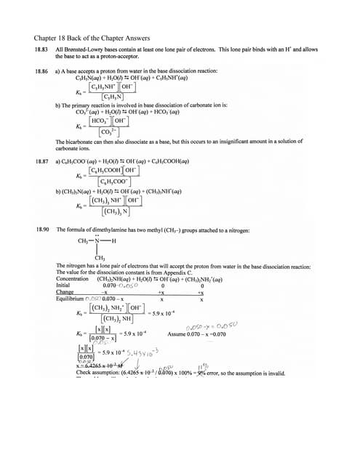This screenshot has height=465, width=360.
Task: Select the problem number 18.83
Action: pyautogui.click(x=41, y=49)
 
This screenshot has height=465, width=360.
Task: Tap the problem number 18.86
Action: pyautogui.click(x=41, y=71)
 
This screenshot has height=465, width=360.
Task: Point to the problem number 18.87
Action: pyautogui.click(x=41, y=161)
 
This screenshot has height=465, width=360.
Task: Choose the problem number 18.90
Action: pyautogui.click(x=41, y=229)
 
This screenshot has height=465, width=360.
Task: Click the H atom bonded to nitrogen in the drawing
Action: pyautogui.click(x=114, y=241)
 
